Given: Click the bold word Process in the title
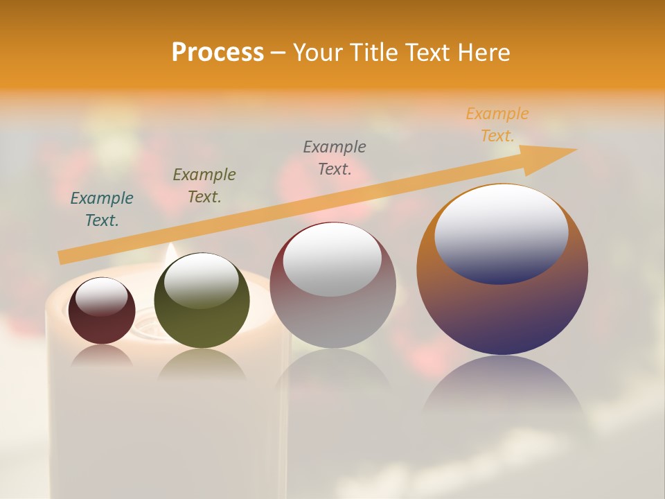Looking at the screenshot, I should point(218,53).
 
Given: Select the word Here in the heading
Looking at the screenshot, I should point(484,53).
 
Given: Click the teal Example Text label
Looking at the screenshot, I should point(102,209).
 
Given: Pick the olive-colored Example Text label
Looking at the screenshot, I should point(204,186).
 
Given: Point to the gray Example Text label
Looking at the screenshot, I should point(335,157).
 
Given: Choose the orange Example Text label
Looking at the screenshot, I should point(497,125).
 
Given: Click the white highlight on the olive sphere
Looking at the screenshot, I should point(202,279).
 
